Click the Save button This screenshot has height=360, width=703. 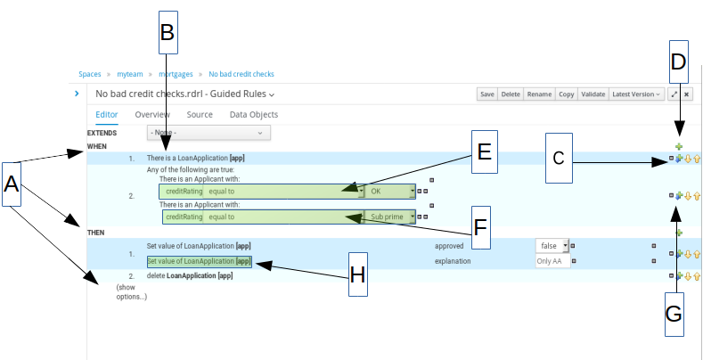pos(487,94)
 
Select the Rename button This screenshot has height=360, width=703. pos(538,94)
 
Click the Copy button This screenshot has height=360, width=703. pos(566,94)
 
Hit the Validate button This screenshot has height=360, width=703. pos(593,94)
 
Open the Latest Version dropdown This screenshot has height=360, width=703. pos(636,94)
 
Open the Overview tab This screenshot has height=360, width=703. pos(152,115)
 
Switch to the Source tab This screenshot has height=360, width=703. pos(200,115)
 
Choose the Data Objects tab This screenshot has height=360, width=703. pos(254,115)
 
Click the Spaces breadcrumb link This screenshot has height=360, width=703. pos(90,74)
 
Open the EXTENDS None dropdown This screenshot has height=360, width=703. pos(208,133)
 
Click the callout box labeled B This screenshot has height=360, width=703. pos(166,32)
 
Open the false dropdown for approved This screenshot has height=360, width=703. pos(552,245)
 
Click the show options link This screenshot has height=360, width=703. pos(131,291)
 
